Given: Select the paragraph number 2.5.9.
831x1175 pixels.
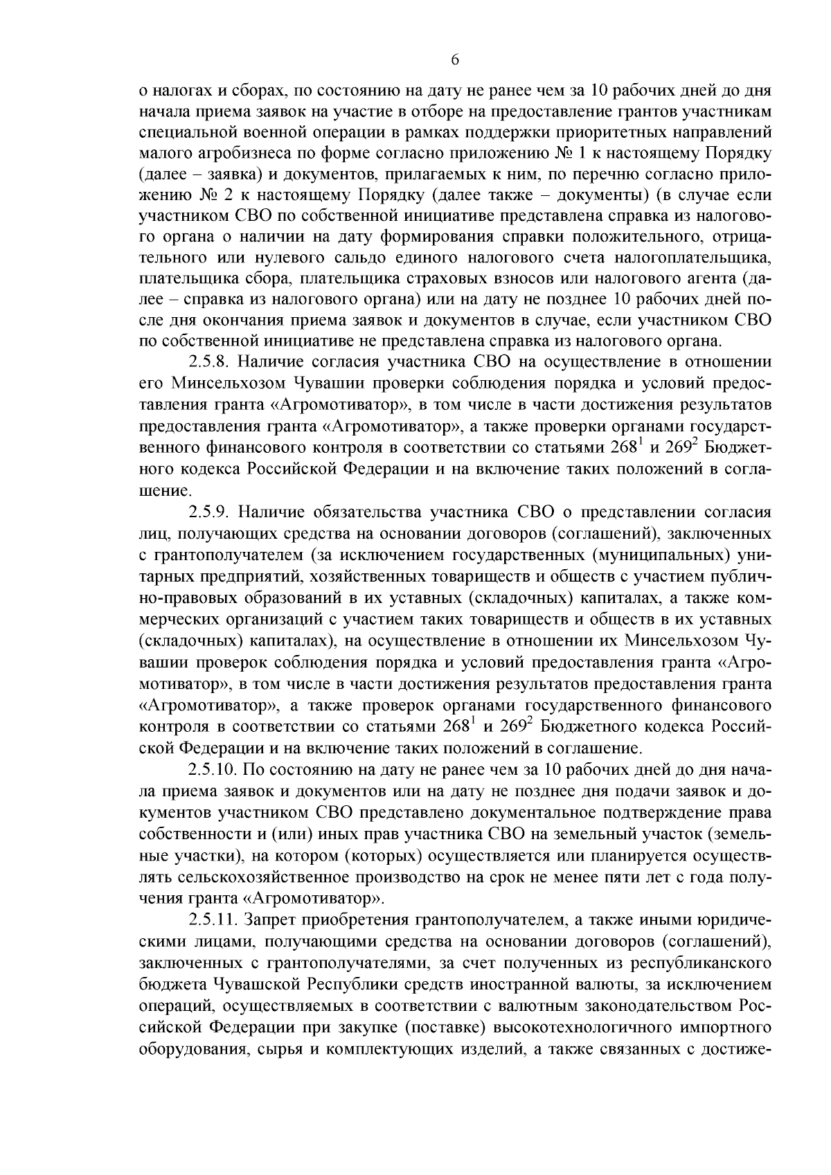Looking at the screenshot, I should (x=211, y=512).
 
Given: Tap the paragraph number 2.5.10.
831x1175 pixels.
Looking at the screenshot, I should (x=214, y=771).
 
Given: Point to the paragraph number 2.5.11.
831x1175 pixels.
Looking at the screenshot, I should (x=214, y=922).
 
